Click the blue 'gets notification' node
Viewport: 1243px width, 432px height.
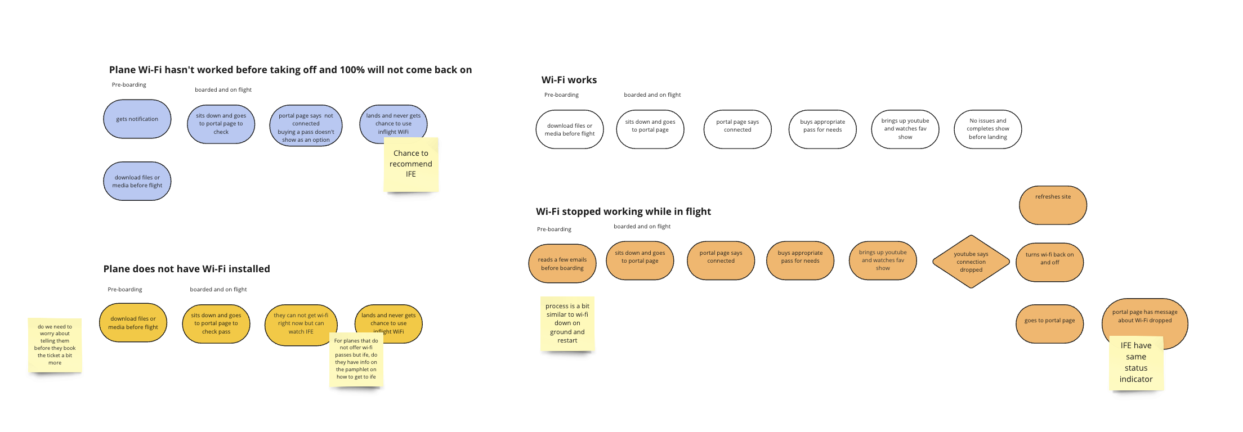(x=137, y=119)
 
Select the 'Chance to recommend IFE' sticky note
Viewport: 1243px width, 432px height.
(x=411, y=164)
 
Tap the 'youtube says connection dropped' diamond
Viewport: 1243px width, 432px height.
(x=971, y=262)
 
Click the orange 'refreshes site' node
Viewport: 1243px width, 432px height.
(x=1053, y=205)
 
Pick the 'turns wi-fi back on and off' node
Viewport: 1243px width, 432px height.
(x=1049, y=262)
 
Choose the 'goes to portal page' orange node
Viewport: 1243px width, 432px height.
(x=1049, y=323)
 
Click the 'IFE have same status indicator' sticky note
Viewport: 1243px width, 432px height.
(x=1136, y=362)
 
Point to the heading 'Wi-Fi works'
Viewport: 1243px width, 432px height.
(x=569, y=80)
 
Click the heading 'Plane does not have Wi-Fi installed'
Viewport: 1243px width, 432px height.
(x=186, y=269)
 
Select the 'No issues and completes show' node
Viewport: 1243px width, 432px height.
(x=987, y=129)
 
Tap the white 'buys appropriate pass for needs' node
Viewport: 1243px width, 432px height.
(x=822, y=129)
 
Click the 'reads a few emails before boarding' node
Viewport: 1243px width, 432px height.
(x=562, y=264)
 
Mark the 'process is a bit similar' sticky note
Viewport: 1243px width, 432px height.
(x=567, y=323)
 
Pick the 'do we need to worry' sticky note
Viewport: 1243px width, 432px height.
(x=55, y=345)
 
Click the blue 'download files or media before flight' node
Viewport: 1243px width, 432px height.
(x=137, y=181)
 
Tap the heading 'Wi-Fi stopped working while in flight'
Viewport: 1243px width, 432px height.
(x=623, y=211)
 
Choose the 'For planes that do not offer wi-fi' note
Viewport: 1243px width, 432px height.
(x=356, y=359)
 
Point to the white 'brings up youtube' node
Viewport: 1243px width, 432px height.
(x=905, y=129)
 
